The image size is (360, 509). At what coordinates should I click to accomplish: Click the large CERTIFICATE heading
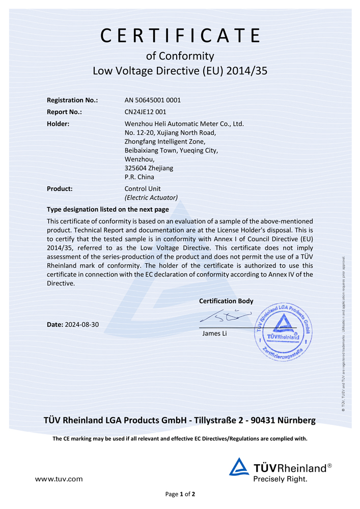point(180,36)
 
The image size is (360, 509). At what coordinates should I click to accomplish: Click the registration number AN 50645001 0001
point(153,100)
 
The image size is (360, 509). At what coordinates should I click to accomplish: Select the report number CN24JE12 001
point(146,111)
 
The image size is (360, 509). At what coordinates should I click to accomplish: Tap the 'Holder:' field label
point(58,123)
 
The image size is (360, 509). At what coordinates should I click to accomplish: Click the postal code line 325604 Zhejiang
point(149,167)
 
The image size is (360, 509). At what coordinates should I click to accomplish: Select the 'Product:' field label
point(60,188)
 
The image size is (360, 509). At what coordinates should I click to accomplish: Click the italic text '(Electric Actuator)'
point(151,197)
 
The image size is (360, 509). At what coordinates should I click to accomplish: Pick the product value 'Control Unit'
point(143,188)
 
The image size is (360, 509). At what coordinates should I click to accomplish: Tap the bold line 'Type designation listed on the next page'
point(107,209)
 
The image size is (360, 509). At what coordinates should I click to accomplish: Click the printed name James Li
point(214,334)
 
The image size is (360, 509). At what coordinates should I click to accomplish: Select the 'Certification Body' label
point(226,301)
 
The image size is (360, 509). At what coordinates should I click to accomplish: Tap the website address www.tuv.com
point(59,478)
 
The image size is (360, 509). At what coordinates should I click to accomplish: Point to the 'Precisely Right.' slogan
point(281,479)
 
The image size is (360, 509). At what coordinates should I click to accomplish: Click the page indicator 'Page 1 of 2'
point(180,494)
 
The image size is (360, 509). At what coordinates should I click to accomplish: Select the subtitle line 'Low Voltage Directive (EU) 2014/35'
point(180,71)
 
